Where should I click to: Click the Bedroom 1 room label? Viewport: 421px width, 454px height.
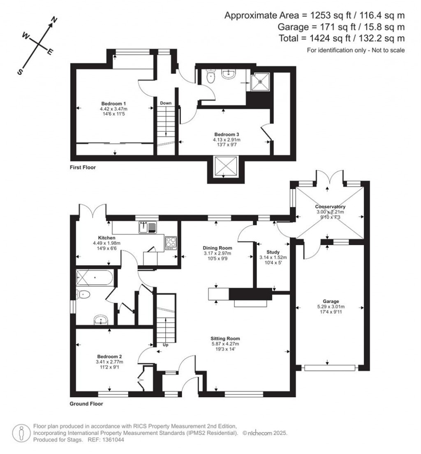coord(113,104)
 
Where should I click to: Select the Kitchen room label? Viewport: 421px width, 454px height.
coord(106,238)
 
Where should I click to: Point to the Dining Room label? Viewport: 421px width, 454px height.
coord(217,248)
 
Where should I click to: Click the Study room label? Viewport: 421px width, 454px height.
coord(273,252)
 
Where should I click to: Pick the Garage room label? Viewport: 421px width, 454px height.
coord(331,301)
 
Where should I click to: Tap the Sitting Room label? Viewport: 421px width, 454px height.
coord(225,338)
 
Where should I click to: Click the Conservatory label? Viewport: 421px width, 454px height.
coord(330,207)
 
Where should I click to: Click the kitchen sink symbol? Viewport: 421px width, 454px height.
coord(147,227)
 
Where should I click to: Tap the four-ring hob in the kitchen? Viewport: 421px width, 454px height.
coord(171,243)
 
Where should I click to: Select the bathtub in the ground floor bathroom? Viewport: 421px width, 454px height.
coord(94,278)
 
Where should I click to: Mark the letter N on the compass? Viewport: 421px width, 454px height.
coord(54,20)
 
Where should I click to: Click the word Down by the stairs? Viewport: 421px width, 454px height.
coord(166,103)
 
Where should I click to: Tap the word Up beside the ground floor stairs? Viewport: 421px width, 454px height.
coord(165,345)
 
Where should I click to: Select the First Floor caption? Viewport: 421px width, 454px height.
coord(83,167)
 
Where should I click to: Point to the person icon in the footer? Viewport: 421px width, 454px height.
coord(21,433)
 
